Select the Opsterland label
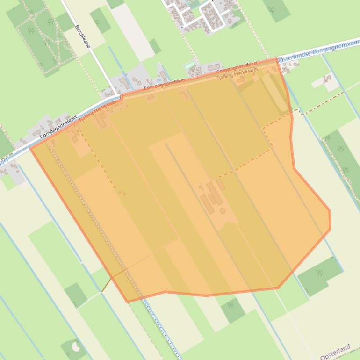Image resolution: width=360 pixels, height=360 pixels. tap(335, 352)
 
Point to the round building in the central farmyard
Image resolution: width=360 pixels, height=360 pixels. tap(223, 211)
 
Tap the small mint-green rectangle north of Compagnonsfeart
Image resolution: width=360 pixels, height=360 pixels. tap(190, 66)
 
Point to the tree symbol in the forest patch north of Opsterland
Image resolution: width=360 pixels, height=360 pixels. tap(320, 273)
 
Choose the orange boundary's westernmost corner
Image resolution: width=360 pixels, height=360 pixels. tap(31, 149)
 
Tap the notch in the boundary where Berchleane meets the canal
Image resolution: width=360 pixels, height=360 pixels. tap(121, 97)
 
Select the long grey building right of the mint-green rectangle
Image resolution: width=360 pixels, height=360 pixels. tap(214, 67)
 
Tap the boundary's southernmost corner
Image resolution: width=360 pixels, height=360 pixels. tap(128, 302)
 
